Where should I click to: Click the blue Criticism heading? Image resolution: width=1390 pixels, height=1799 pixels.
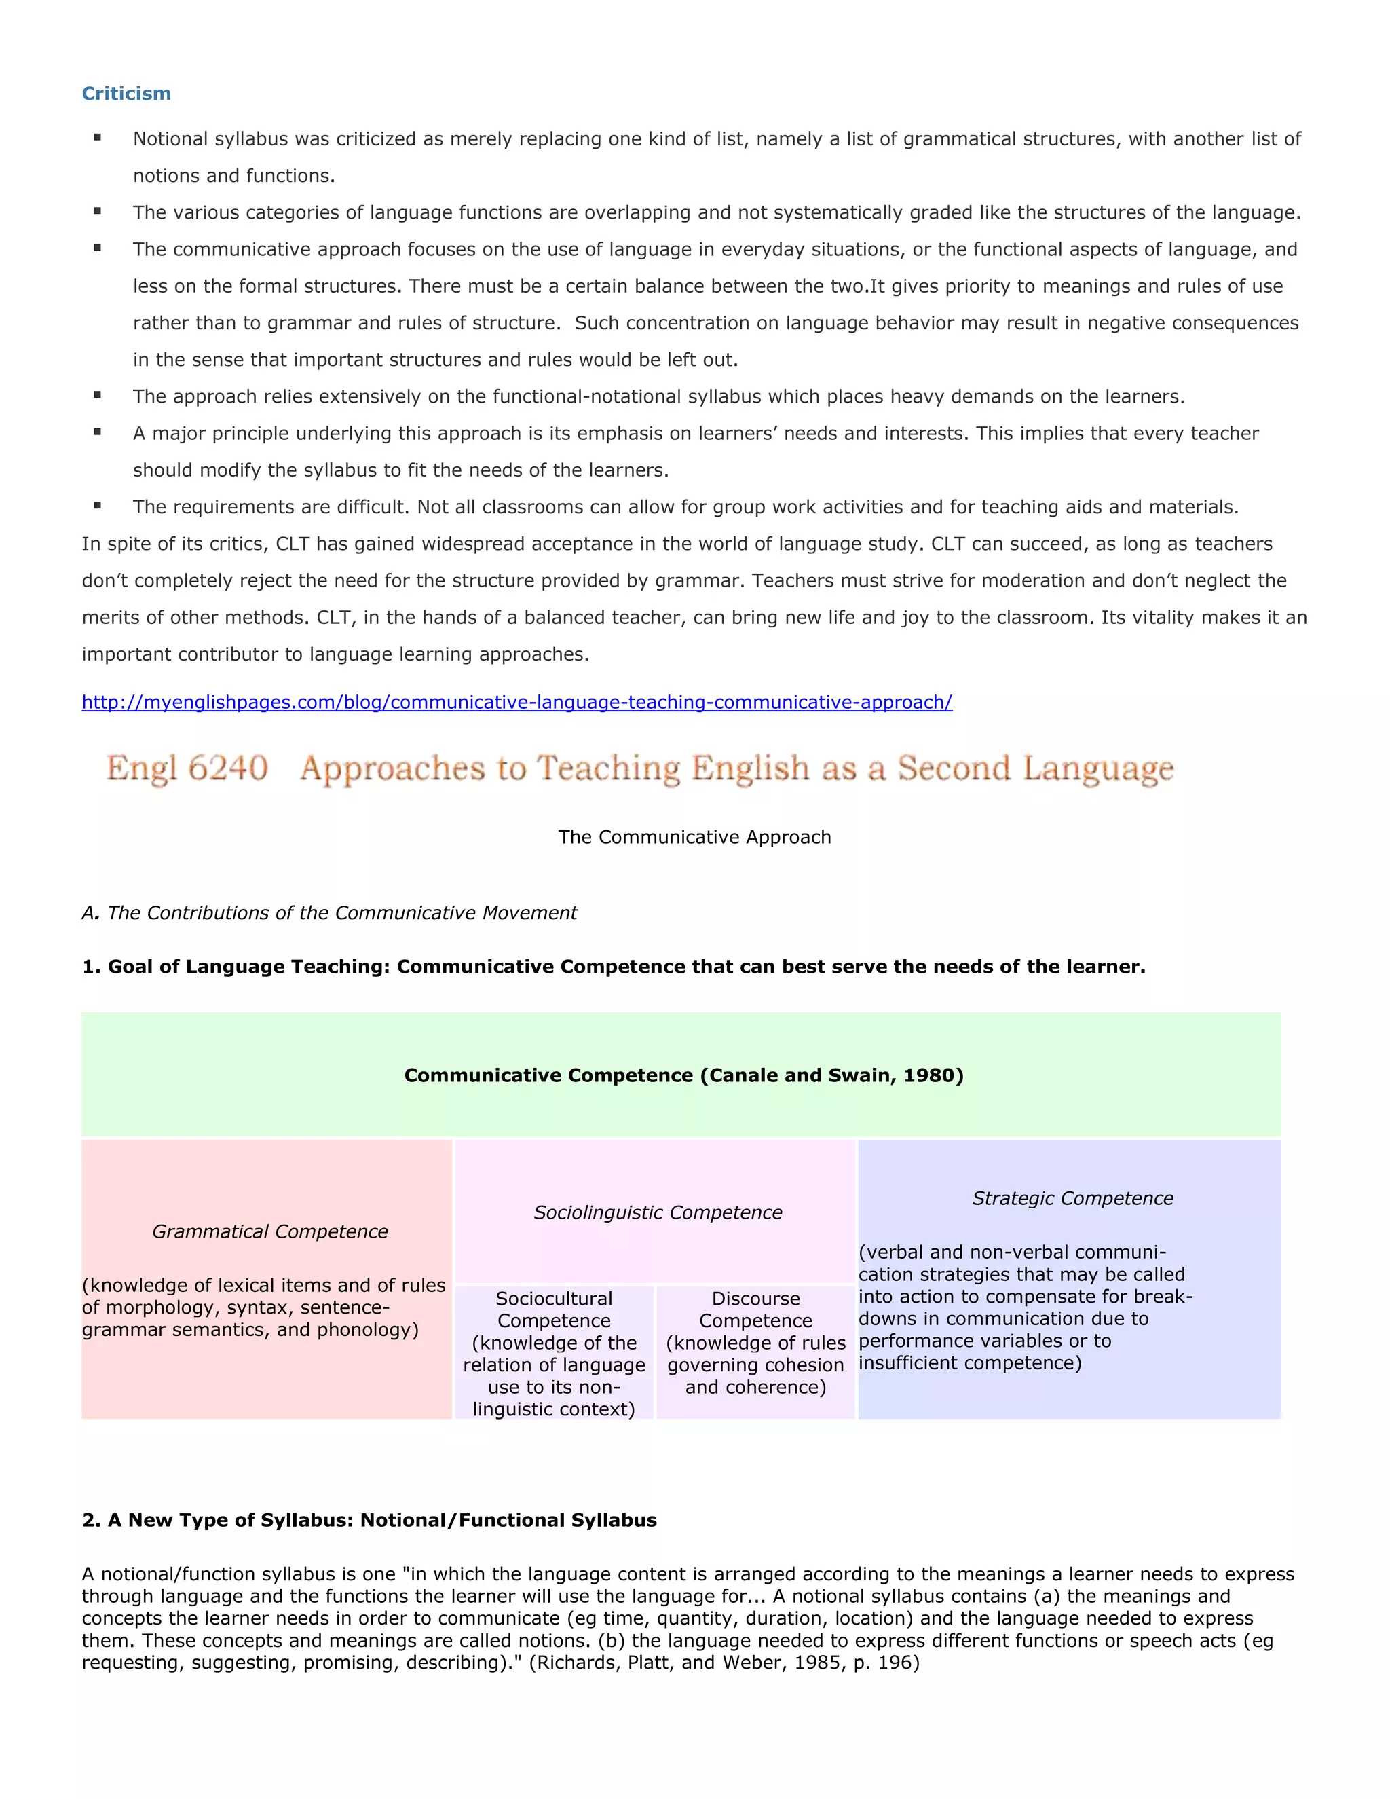(126, 94)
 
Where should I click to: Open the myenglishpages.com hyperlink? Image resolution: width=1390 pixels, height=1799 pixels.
(516, 703)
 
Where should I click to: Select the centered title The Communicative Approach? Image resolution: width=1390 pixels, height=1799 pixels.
(694, 837)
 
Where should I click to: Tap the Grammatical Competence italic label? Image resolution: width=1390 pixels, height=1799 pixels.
(269, 1231)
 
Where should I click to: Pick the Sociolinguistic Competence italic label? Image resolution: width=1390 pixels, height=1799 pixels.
(657, 1212)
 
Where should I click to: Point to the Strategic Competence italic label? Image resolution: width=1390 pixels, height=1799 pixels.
(1072, 1198)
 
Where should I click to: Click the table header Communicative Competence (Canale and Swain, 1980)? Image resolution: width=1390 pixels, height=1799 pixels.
(683, 1076)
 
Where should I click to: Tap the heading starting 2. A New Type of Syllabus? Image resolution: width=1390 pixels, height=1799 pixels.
(369, 1521)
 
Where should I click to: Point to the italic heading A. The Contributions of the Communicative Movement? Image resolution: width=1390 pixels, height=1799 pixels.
(329, 912)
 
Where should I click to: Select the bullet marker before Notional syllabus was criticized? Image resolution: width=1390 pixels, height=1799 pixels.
(98, 138)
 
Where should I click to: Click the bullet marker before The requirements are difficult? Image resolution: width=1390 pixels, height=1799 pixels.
(98, 506)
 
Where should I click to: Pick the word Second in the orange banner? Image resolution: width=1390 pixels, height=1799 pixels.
(954, 768)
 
